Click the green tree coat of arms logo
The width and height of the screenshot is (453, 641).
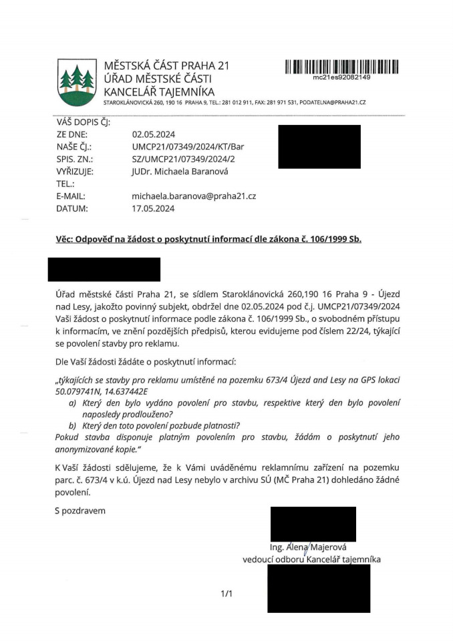(x=74, y=81)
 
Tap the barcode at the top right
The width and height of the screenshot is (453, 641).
(x=341, y=67)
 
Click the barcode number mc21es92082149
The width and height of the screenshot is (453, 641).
(x=342, y=77)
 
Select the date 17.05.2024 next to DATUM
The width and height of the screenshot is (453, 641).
(x=154, y=208)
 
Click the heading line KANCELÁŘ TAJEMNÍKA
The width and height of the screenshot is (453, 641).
(x=159, y=92)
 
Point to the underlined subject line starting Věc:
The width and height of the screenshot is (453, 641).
(x=208, y=238)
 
